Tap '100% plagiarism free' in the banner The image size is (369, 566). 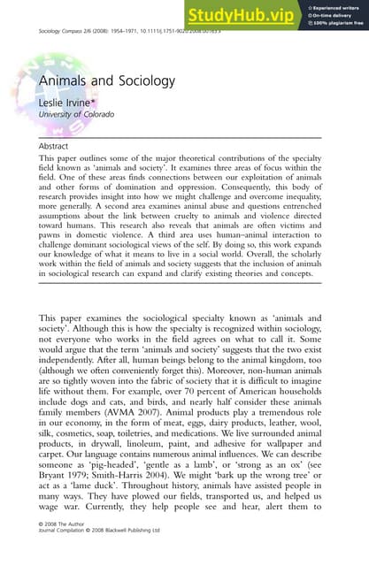point(336,23)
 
